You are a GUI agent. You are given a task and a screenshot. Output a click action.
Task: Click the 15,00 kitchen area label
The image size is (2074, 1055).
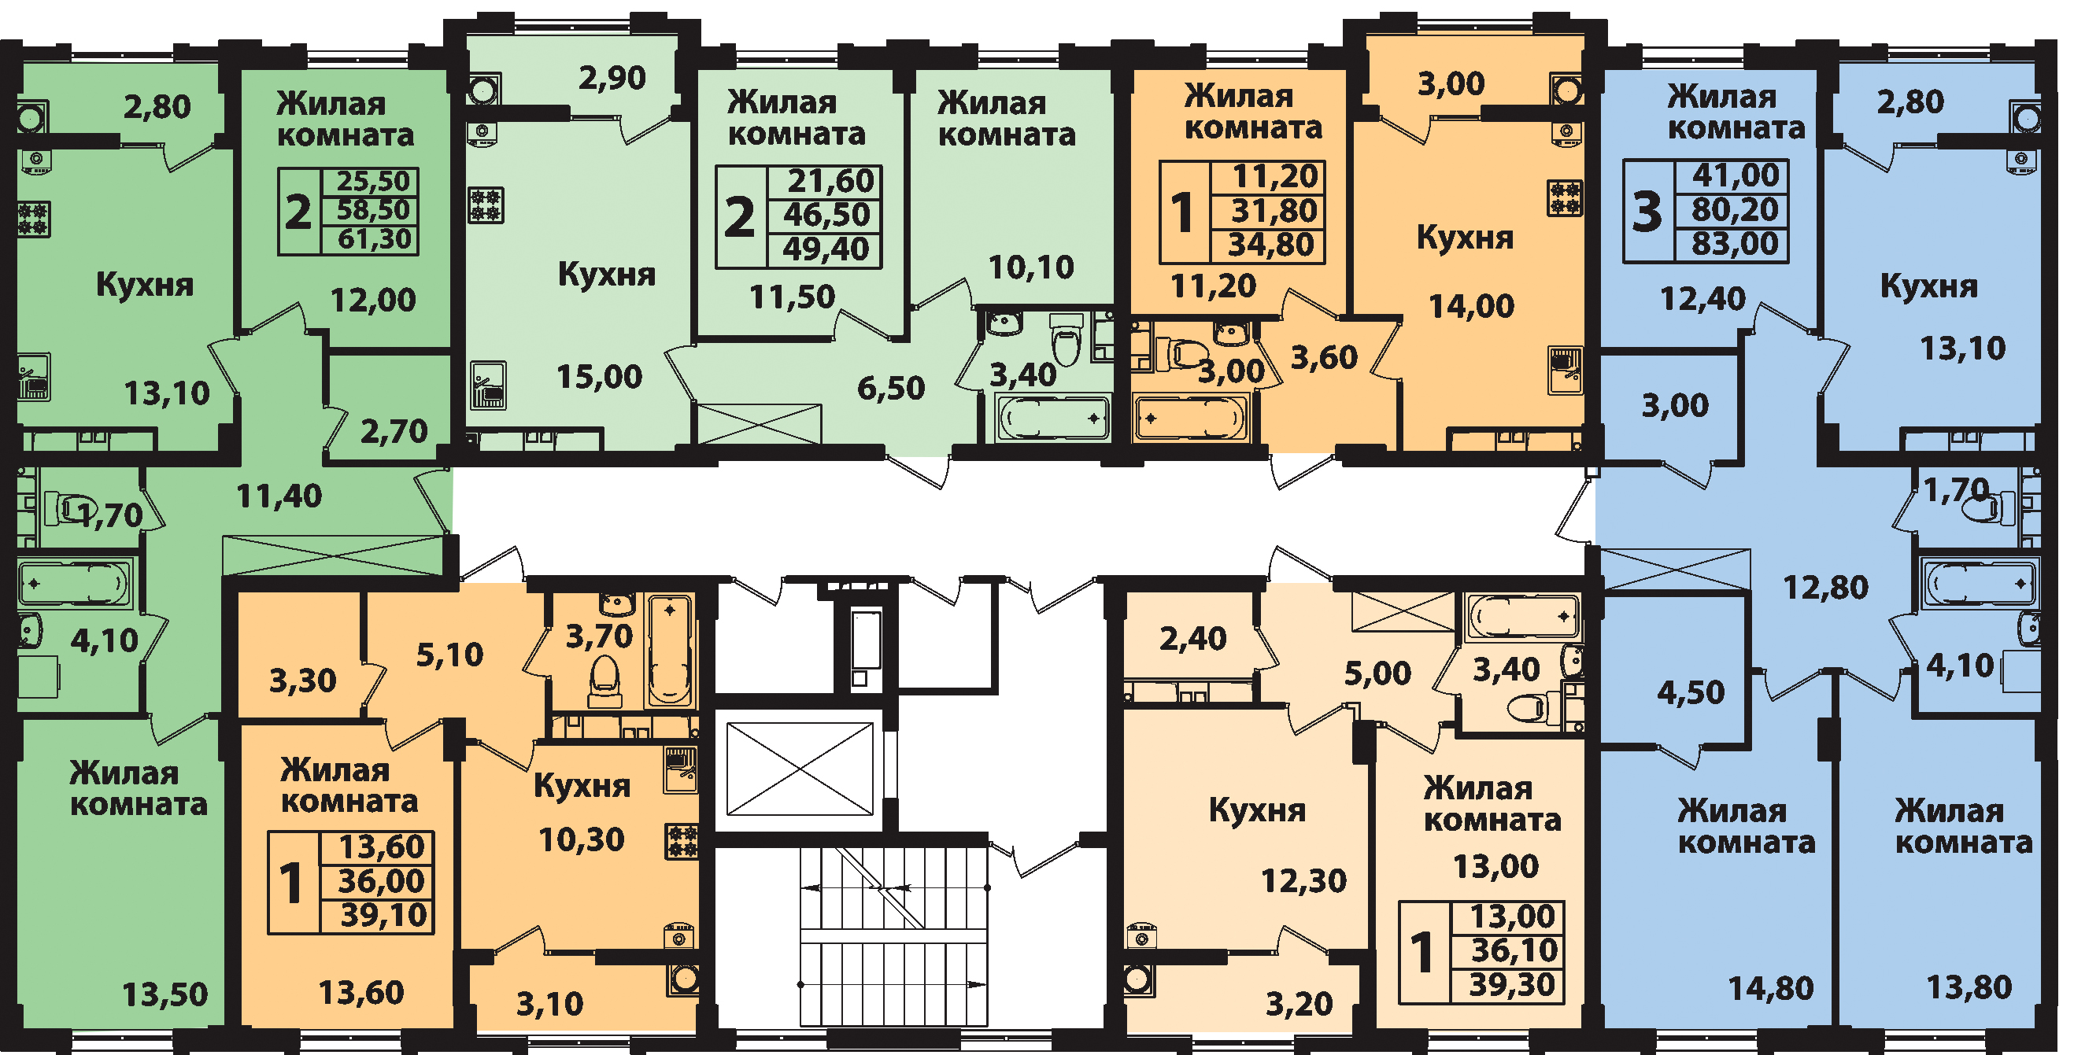[600, 377]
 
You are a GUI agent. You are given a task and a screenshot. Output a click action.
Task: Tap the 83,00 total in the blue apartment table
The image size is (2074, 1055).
[1735, 244]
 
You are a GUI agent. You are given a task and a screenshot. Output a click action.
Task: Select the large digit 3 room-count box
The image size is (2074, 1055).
[1647, 212]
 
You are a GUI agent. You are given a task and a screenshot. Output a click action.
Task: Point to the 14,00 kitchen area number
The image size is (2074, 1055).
[1471, 307]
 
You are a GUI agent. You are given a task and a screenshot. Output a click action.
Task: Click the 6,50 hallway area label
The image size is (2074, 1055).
[891, 389]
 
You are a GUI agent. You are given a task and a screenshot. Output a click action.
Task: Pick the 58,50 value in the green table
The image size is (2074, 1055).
[374, 210]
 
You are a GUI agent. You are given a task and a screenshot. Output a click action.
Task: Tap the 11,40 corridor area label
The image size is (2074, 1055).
[279, 496]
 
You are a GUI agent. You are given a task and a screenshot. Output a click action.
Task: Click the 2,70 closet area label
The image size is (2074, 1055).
[394, 432]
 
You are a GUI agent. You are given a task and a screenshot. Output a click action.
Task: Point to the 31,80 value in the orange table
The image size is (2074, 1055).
[1274, 211]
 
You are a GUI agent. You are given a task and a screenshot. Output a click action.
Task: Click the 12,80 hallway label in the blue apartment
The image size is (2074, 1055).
[1825, 588]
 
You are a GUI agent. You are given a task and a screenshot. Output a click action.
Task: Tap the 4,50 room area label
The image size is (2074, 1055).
[1691, 693]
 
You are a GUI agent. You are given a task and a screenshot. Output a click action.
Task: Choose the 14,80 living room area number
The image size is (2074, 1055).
[1771, 988]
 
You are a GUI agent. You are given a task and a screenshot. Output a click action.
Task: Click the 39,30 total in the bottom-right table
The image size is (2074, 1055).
[1512, 985]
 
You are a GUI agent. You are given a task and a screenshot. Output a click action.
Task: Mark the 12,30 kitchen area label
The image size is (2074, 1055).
[1303, 881]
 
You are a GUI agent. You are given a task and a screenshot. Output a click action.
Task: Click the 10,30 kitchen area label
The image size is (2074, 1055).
[582, 840]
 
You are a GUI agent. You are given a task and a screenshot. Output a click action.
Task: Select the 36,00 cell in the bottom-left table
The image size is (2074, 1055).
[381, 881]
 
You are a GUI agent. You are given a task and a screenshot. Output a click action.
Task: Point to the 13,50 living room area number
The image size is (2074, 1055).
[165, 995]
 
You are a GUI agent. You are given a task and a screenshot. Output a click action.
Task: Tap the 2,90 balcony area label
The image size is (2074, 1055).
[612, 79]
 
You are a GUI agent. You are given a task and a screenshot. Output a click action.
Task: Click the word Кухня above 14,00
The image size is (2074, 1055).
[1466, 238]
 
